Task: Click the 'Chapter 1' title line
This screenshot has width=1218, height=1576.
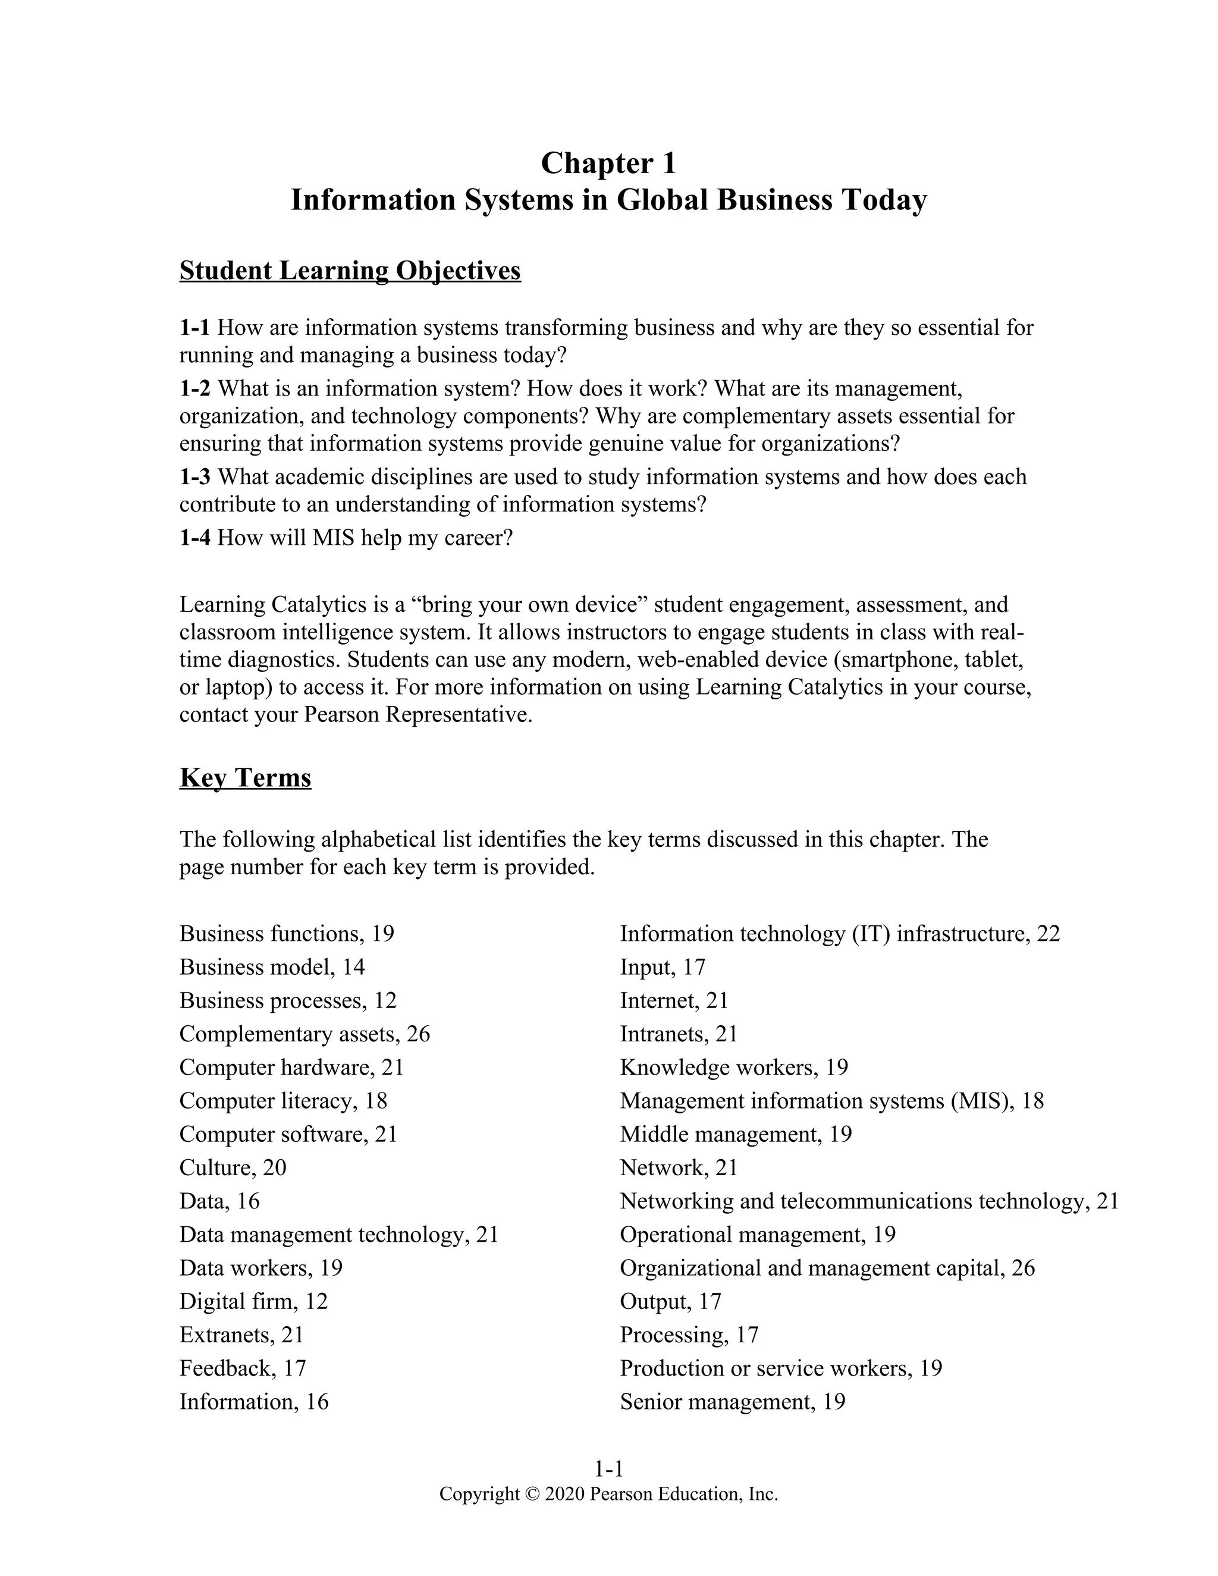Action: [x=608, y=163]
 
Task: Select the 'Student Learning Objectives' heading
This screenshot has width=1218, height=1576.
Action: [x=350, y=271]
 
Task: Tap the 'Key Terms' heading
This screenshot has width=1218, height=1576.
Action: [x=246, y=778]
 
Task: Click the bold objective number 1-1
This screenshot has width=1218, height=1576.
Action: [x=194, y=328]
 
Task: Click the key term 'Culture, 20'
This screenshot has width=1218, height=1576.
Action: [x=233, y=1167]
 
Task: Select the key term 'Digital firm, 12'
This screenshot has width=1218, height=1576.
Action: [x=253, y=1301]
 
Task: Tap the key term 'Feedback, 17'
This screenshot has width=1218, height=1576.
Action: [x=243, y=1368]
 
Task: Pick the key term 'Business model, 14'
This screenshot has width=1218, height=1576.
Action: [x=272, y=967]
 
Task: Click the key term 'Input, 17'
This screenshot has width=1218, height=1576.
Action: [x=663, y=967]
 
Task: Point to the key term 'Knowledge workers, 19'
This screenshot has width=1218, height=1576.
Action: [x=734, y=1068]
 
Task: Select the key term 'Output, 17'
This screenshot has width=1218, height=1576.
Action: [x=670, y=1301]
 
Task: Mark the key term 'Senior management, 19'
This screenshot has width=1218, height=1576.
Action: [x=732, y=1401]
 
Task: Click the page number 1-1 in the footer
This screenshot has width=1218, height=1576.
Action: [x=608, y=1468]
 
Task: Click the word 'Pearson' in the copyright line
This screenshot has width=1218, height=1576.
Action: [x=620, y=1494]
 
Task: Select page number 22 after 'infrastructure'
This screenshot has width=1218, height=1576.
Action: [x=1049, y=934]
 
